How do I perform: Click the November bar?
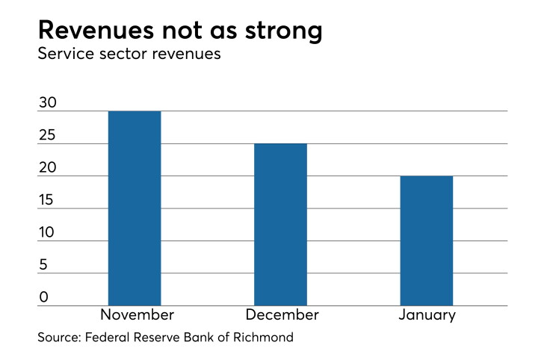[135, 208]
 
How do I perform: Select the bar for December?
[280, 225]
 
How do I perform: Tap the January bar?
[427, 240]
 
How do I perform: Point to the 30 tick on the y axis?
[48, 102]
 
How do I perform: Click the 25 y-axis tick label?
[47, 135]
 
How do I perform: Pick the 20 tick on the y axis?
[48, 167]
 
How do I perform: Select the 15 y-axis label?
[46, 200]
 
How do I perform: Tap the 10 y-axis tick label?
[46, 232]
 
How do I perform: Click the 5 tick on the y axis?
[43, 265]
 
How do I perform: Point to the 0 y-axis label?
[43, 297]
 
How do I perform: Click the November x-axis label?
[138, 315]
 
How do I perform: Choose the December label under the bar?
[282, 315]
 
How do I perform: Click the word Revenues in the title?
[96, 30]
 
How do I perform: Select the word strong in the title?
[283, 31]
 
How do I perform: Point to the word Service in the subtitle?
[67, 54]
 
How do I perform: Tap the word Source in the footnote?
[59, 338]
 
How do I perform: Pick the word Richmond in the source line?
[263, 338]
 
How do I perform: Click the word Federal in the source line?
[107, 338]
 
